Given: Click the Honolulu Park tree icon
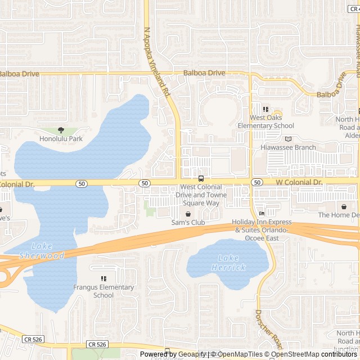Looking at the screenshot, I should (61, 130).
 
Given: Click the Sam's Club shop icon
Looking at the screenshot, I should (188, 214).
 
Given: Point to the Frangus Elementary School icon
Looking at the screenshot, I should (103, 278).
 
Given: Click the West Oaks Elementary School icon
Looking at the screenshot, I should (266, 109).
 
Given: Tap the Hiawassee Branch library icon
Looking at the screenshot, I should (288, 139).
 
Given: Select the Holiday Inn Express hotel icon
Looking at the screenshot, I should (262, 213).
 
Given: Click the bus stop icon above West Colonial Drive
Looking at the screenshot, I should (201, 179).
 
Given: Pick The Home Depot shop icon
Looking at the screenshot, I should (344, 206).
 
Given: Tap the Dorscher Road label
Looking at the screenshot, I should (268, 330).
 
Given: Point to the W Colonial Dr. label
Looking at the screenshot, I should (299, 183).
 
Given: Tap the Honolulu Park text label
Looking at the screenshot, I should (61, 138).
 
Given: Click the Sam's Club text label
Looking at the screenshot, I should (188, 223).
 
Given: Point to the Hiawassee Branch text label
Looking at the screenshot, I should (288, 147).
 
